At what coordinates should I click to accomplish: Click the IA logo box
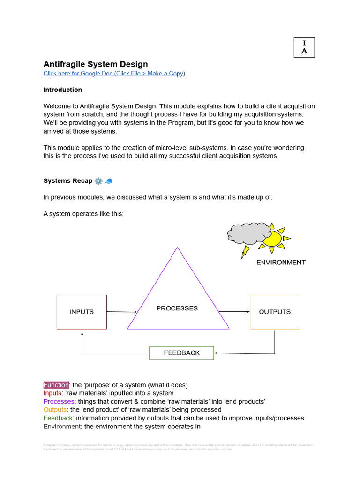[x=304, y=47]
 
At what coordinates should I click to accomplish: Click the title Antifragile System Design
[x=96, y=64]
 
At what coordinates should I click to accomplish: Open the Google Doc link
[x=114, y=74]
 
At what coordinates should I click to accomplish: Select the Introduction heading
[x=63, y=90]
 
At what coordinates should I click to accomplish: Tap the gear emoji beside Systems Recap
[x=98, y=181]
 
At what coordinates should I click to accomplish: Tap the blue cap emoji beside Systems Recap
[x=109, y=181]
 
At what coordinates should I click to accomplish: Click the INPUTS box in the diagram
[x=82, y=312]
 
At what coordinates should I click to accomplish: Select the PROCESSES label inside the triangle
[x=177, y=308]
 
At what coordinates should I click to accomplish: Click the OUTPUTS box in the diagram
[x=275, y=312]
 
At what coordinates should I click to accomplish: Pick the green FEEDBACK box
[x=181, y=353]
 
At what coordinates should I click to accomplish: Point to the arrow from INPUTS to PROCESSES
[x=122, y=312]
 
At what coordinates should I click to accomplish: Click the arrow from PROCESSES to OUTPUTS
[x=234, y=312]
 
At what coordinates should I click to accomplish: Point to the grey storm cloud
[x=248, y=233]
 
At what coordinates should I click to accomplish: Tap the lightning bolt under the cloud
[x=245, y=252]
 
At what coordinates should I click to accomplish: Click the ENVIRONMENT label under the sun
[x=281, y=262]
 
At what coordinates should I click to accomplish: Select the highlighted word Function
[x=56, y=385]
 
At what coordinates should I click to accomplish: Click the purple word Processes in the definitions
[x=59, y=402]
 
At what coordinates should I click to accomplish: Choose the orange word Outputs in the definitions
[x=55, y=410]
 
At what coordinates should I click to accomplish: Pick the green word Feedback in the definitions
[x=58, y=418]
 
